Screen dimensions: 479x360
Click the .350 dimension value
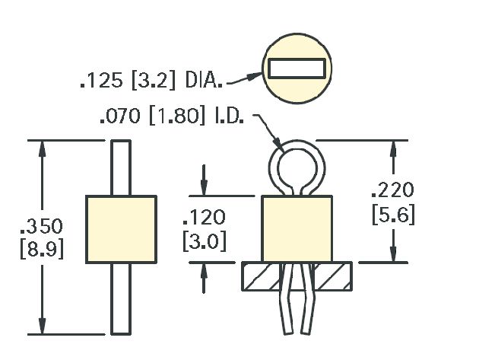42,226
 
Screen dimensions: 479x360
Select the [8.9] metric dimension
42,249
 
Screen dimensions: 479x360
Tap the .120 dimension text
204,218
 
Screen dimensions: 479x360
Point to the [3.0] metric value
205,241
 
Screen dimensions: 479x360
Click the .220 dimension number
393,190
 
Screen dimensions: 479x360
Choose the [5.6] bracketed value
394,215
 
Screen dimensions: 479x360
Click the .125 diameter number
101,81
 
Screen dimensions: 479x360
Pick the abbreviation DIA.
204,81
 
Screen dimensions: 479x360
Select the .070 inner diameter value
120,116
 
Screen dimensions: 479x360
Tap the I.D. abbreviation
230,116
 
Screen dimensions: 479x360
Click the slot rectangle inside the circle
297,68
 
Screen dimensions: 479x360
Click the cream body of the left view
122,229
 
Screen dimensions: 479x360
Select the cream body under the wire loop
297,229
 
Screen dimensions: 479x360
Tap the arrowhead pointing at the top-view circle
255,75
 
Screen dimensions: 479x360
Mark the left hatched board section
262,276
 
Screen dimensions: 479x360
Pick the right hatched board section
333,276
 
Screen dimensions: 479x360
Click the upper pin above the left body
121,167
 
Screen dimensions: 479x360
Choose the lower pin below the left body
121,299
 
